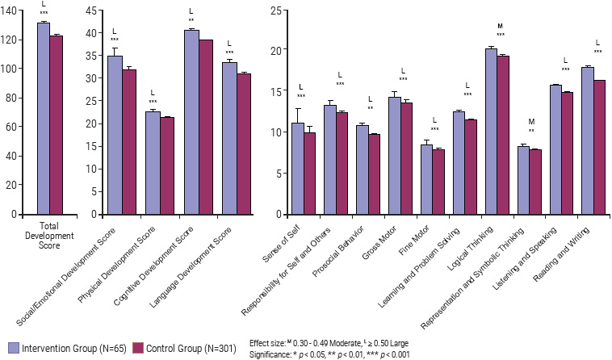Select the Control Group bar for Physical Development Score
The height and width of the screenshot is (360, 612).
tap(167, 166)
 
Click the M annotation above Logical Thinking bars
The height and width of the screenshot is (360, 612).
tap(501, 27)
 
